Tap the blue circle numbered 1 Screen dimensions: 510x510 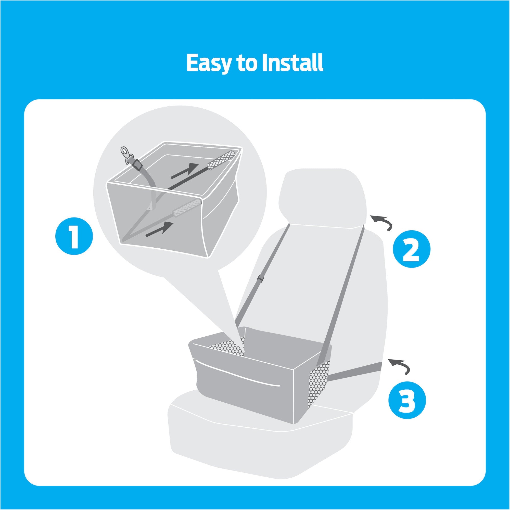74,236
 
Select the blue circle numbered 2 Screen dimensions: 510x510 412,249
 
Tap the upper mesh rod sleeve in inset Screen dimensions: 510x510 221,160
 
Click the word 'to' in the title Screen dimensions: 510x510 247,63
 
